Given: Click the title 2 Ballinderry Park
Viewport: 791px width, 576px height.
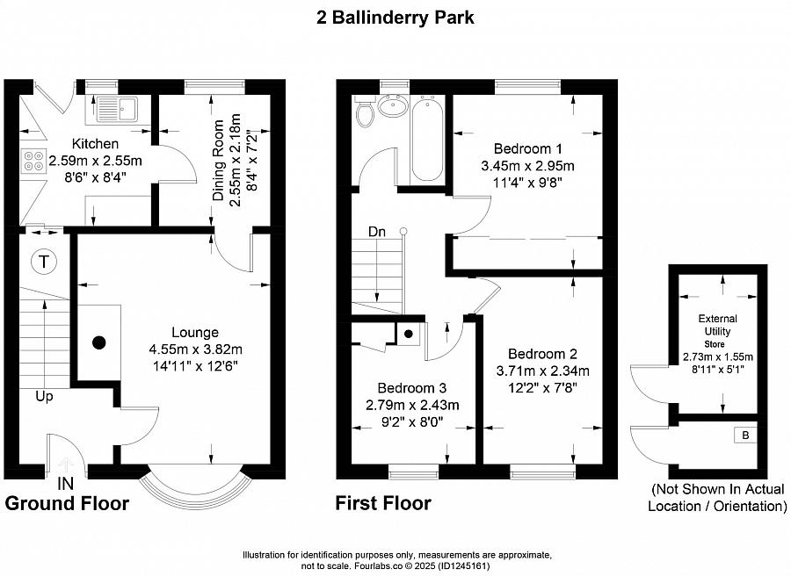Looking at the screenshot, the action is (395, 18).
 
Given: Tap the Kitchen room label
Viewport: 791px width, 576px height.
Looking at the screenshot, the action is (95, 144).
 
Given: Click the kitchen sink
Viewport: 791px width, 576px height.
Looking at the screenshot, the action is (117, 108).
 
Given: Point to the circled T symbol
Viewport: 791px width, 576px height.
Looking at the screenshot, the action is (45, 262).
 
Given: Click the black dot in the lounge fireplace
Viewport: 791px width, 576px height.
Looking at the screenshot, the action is (98, 342).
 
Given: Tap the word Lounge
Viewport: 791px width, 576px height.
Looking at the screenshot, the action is (195, 333).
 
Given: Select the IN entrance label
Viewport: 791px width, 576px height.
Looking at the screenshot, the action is (65, 484).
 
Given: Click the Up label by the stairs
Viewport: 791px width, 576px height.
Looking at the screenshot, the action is (45, 397).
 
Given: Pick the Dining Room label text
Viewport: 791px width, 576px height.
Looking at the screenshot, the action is (218, 161).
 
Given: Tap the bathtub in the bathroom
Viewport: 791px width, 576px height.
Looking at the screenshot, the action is (428, 139).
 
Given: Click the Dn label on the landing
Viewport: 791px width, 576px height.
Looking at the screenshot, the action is (377, 232).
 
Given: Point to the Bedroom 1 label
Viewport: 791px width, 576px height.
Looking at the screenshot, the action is (527, 149).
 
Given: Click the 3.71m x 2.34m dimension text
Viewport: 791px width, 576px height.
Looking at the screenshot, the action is (543, 371).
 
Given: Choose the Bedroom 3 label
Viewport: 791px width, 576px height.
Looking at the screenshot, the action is (411, 388).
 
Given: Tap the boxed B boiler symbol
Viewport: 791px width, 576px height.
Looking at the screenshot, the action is (746, 436).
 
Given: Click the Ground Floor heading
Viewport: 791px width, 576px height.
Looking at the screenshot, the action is (67, 503).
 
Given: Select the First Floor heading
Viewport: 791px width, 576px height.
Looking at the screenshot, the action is (383, 503).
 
